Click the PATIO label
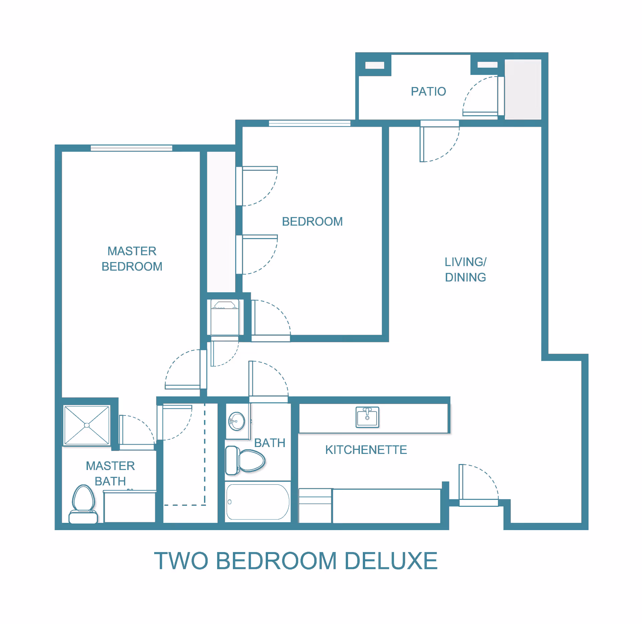[428, 91]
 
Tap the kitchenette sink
[367, 417]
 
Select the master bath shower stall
[87, 425]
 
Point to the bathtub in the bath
[257, 501]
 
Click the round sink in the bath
[236, 421]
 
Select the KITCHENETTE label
[366, 450]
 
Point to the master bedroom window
[131, 148]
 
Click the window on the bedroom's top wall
[310, 123]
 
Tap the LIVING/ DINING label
[465, 269]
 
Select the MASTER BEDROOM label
[132, 259]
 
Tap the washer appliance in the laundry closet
[225, 317]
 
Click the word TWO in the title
[181, 561]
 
